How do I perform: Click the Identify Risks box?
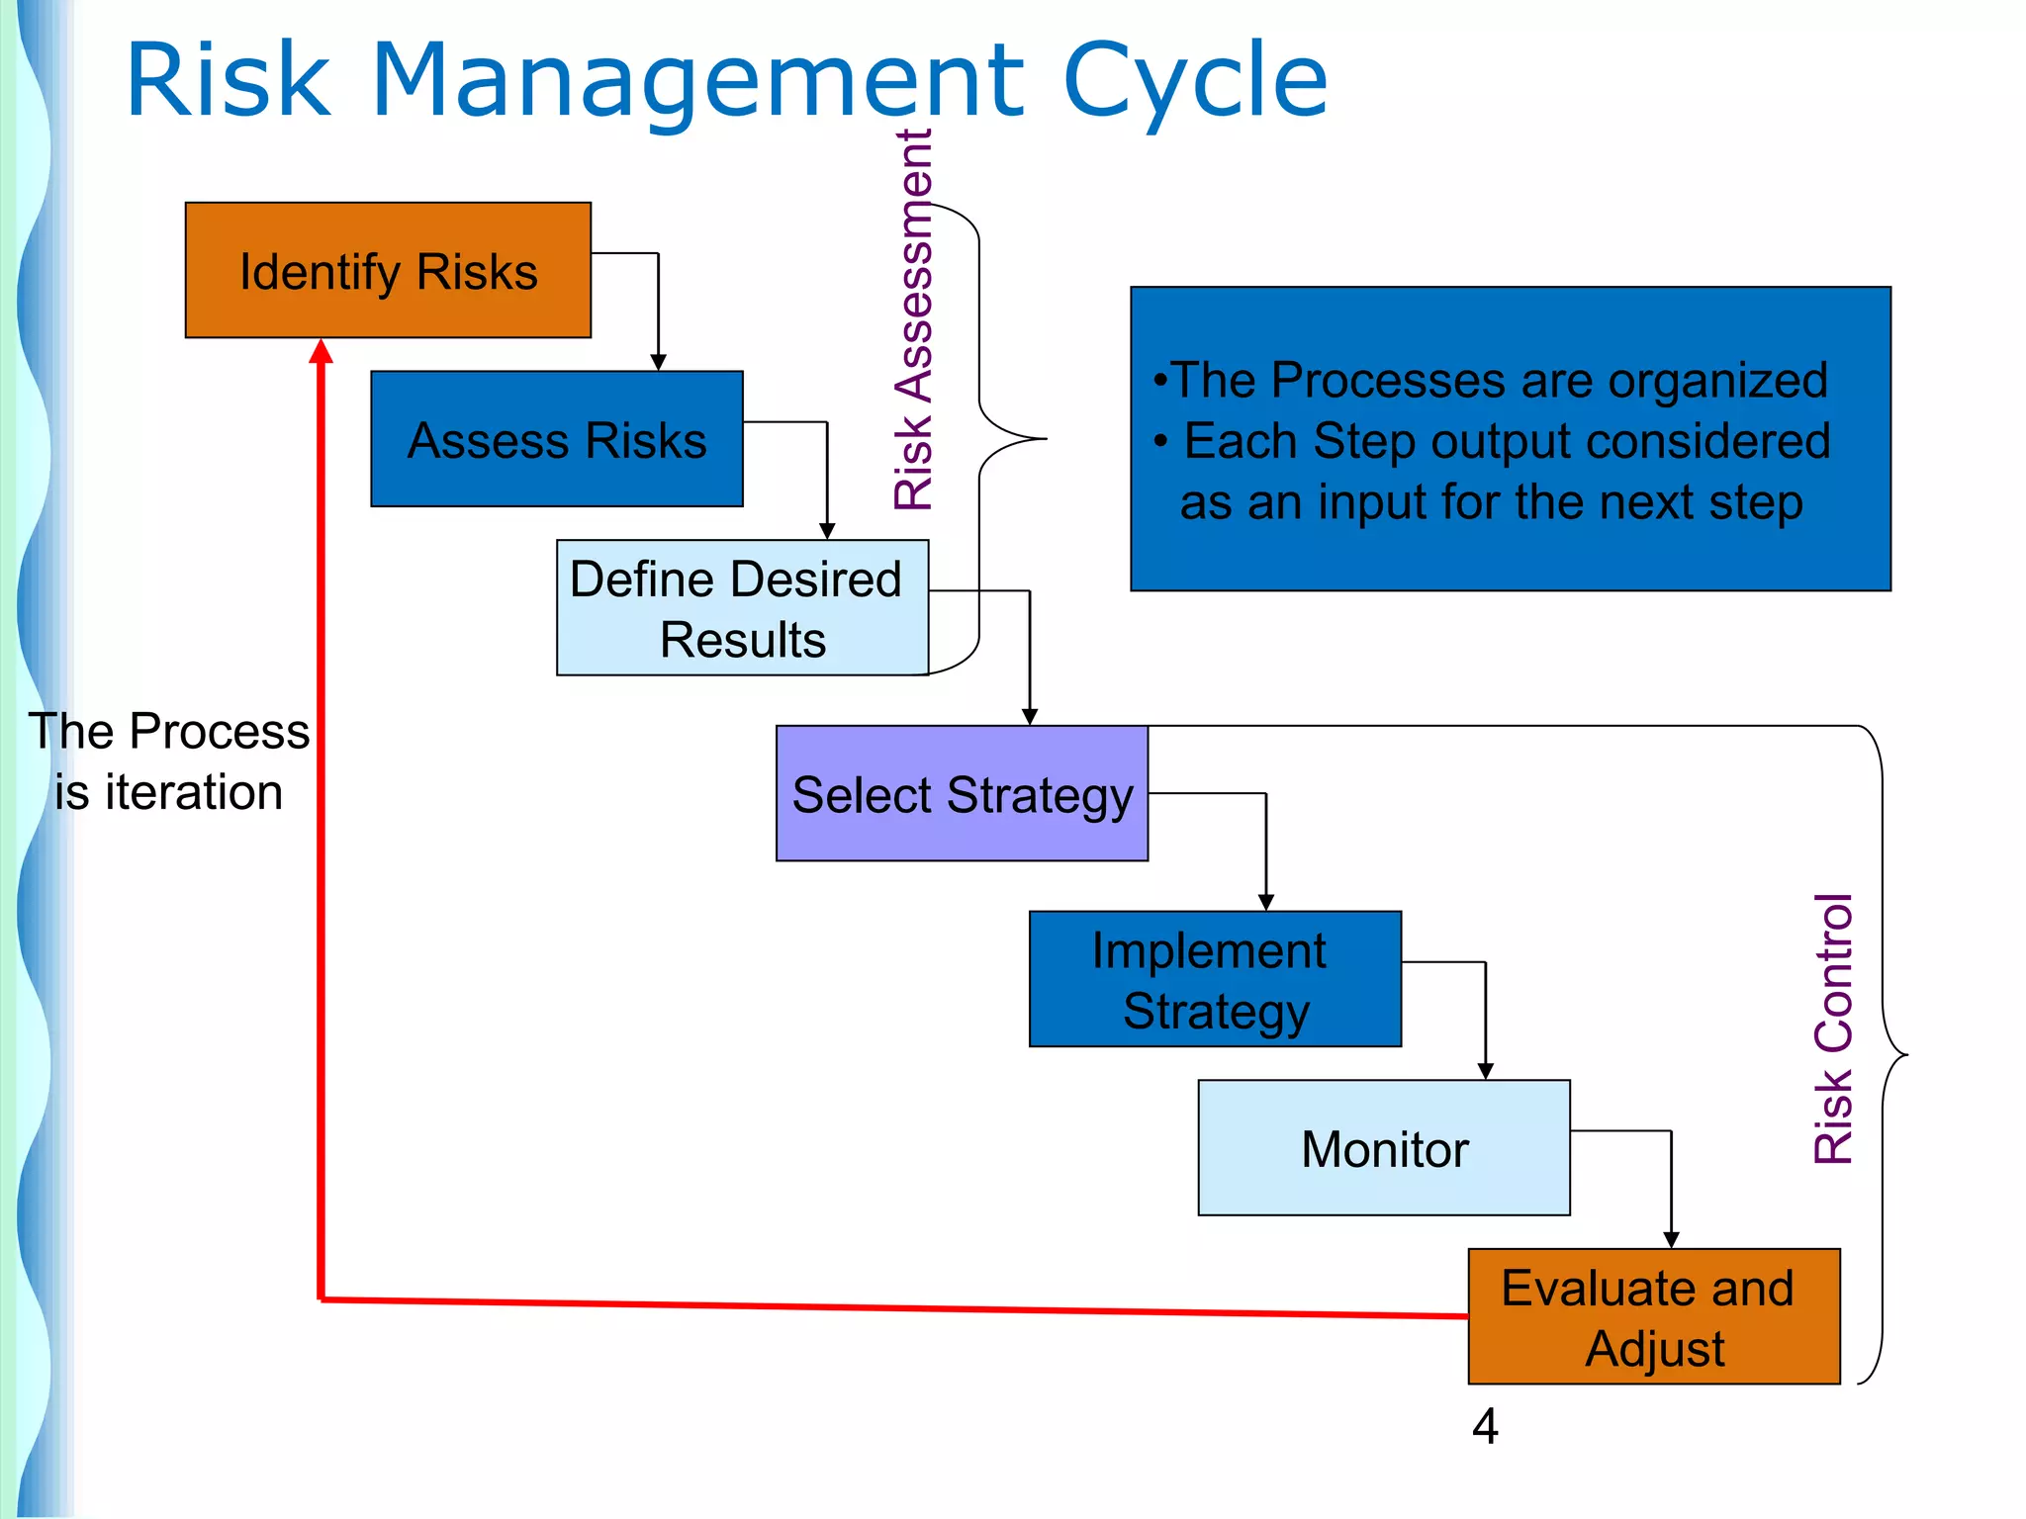(x=388, y=270)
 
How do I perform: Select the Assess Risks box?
(x=556, y=439)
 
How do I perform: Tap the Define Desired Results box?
(x=742, y=607)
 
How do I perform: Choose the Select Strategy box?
(x=962, y=793)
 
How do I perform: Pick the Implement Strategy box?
(x=1215, y=979)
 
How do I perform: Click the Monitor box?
(x=1383, y=1147)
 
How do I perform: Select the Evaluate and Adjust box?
(x=1653, y=1316)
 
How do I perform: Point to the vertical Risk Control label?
(x=1833, y=1028)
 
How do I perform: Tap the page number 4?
(x=1485, y=1426)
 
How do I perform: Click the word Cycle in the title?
(x=1194, y=81)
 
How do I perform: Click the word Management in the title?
(x=697, y=81)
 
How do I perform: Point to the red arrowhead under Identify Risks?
(x=321, y=351)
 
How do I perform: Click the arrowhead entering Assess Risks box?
(x=658, y=363)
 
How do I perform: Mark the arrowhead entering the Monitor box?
(x=1485, y=1071)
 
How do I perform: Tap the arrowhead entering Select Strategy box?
(x=1030, y=717)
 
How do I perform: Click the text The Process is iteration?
(x=168, y=761)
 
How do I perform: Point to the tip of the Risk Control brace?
(x=1905, y=1055)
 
